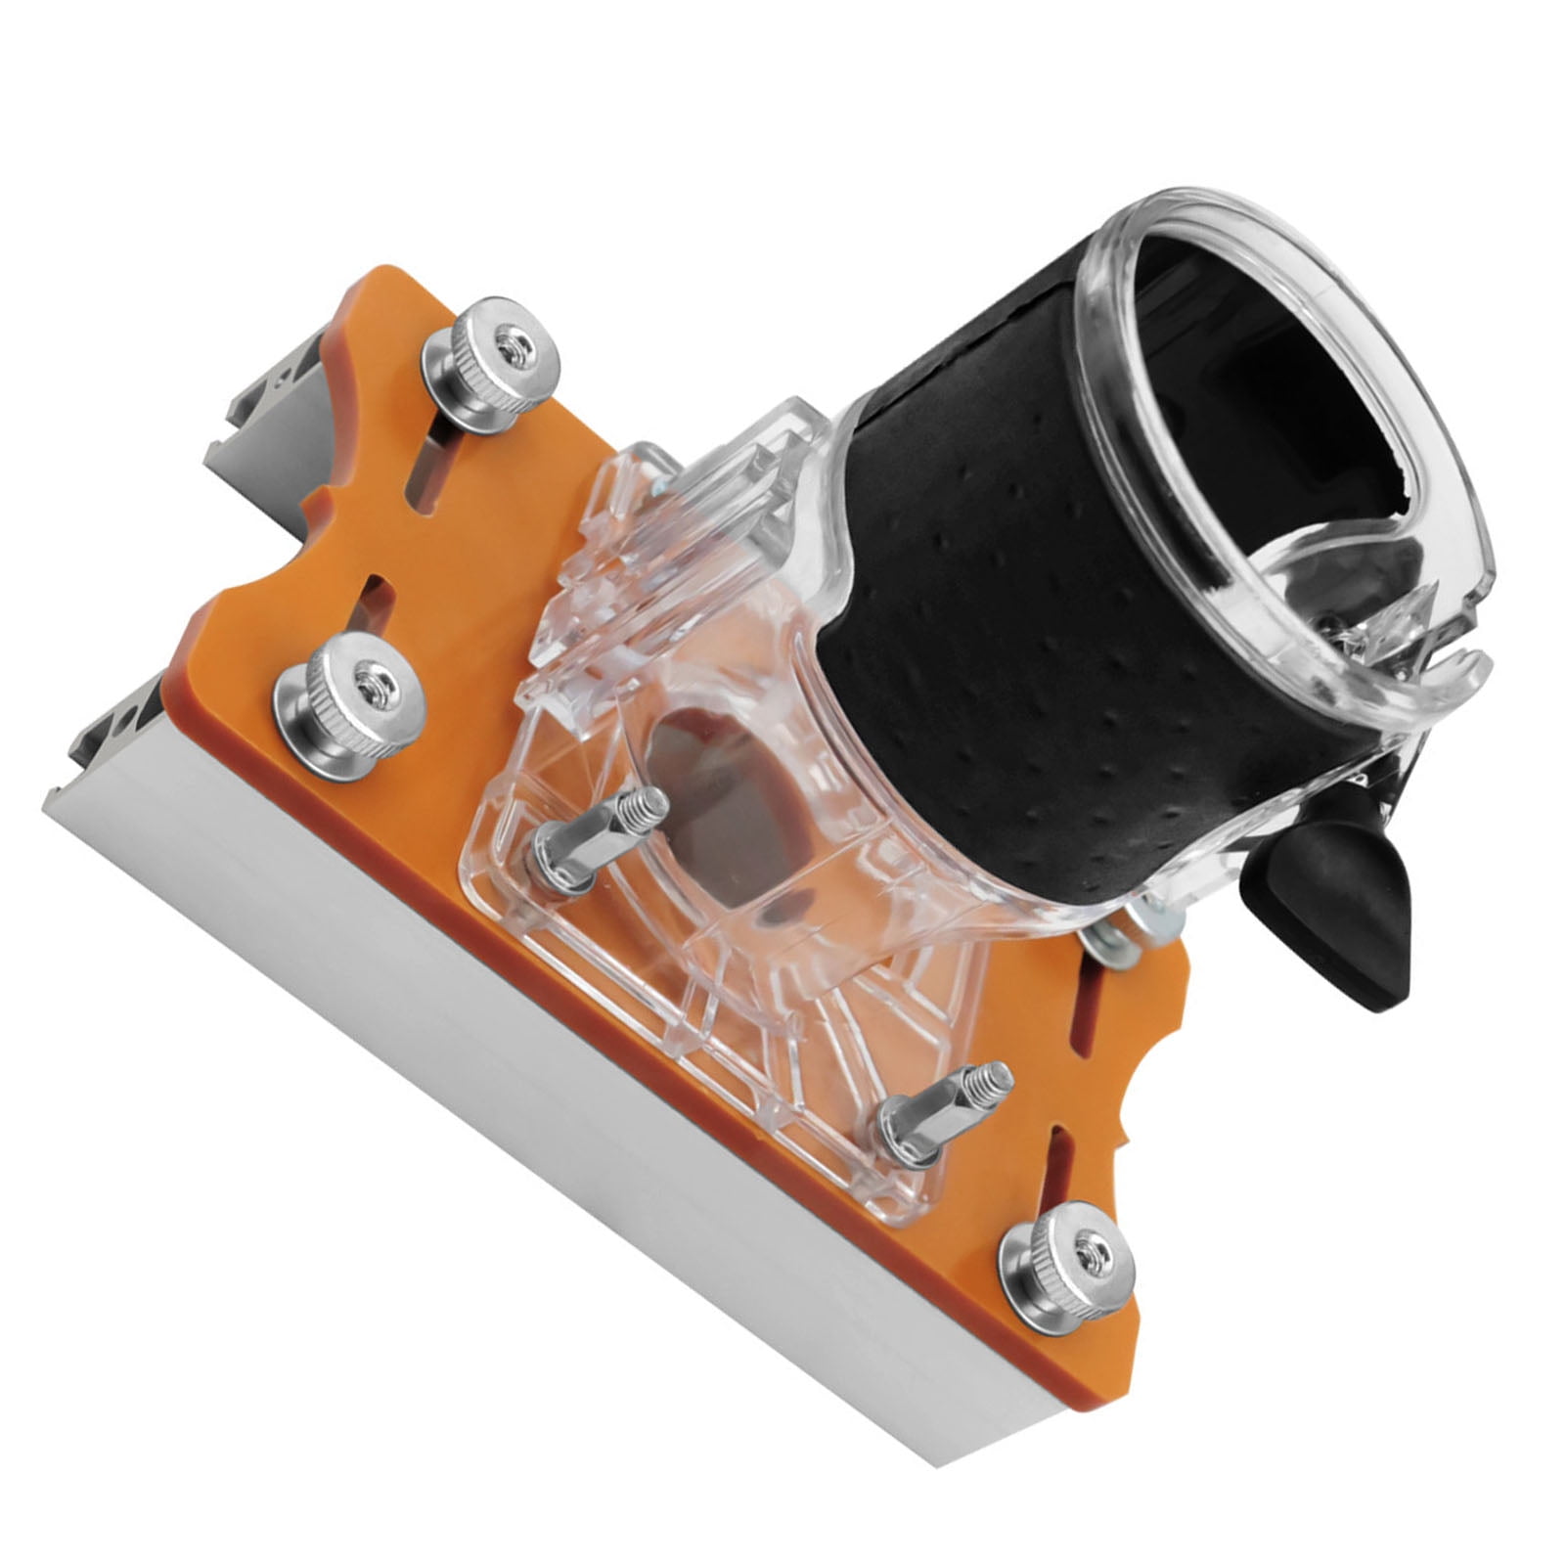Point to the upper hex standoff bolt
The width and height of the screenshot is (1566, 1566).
coord(599,837)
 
